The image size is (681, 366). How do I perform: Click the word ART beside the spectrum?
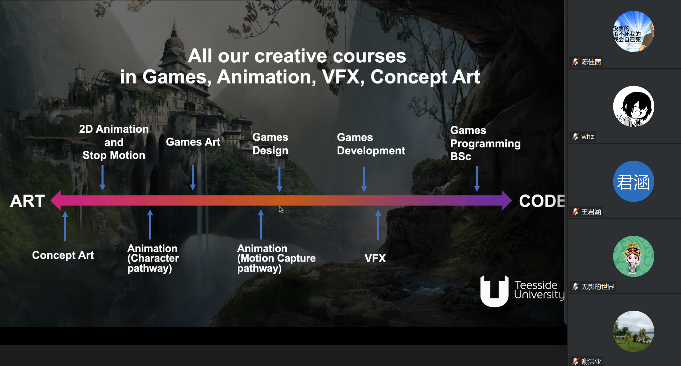point(27,201)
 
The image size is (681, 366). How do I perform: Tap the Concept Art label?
point(63,255)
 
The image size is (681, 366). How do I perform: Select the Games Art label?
point(193,142)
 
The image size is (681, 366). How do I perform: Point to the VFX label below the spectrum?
point(375,258)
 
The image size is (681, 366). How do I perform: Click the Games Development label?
point(371,144)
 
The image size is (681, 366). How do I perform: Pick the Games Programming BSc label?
point(485,143)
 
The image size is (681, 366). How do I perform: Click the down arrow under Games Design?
point(279,179)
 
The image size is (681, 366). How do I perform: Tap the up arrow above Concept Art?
point(65,226)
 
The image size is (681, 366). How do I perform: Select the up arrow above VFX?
point(378,225)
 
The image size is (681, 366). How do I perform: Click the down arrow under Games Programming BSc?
point(477,179)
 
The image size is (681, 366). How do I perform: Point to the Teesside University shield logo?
point(494,291)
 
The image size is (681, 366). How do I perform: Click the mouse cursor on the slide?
point(281,210)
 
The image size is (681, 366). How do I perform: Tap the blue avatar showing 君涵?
point(633,181)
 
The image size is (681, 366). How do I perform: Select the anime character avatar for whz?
point(633,106)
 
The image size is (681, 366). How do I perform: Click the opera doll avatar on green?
point(633,256)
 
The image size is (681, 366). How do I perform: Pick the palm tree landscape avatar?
point(633,331)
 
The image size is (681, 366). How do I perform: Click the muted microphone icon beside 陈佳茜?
point(575,62)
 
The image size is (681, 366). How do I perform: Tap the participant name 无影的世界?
point(598,287)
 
